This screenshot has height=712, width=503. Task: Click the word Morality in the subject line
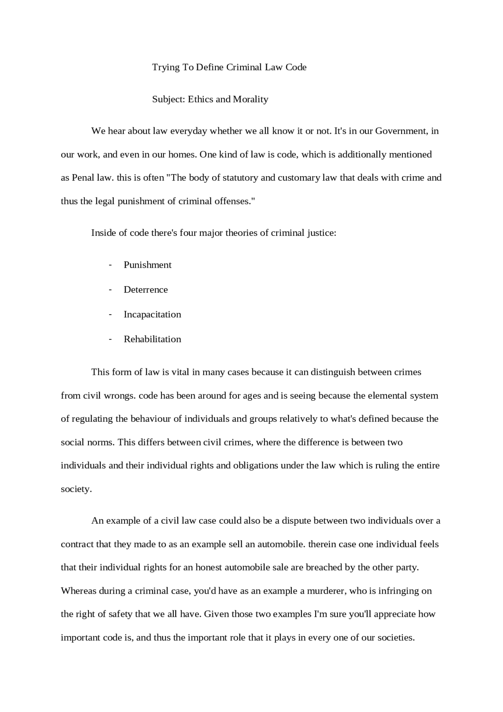coord(251,99)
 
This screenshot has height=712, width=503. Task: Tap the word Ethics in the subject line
coord(200,99)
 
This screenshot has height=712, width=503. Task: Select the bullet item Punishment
coord(147,265)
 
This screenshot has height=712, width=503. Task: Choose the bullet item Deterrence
coord(145,290)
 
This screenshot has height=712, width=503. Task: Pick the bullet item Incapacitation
coord(152,315)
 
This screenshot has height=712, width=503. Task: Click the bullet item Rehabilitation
coord(152,339)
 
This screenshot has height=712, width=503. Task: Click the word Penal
coord(82,178)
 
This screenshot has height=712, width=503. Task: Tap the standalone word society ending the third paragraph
coord(76,489)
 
